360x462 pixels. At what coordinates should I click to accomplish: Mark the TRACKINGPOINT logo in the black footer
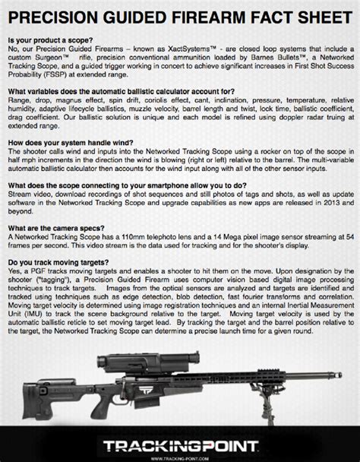pos(179,443)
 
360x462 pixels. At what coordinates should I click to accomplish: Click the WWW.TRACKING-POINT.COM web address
pos(180,457)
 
